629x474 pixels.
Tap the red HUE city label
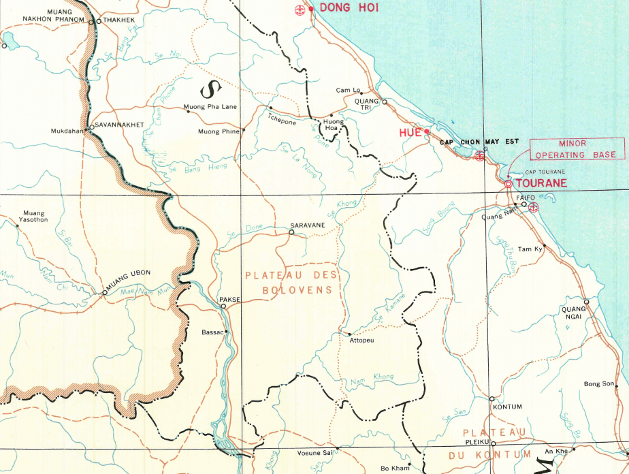[x=410, y=133]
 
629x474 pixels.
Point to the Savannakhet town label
[x=119, y=125]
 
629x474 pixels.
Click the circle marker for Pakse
[x=223, y=306]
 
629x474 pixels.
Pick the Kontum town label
[x=507, y=407]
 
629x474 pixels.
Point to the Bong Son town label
[x=598, y=384]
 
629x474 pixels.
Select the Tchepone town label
[x=281, y=123]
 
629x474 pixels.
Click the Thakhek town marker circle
[x=99, y=21]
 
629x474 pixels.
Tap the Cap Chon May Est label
[x=479, y=142]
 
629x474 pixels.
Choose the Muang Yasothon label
[x=35, y=216]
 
